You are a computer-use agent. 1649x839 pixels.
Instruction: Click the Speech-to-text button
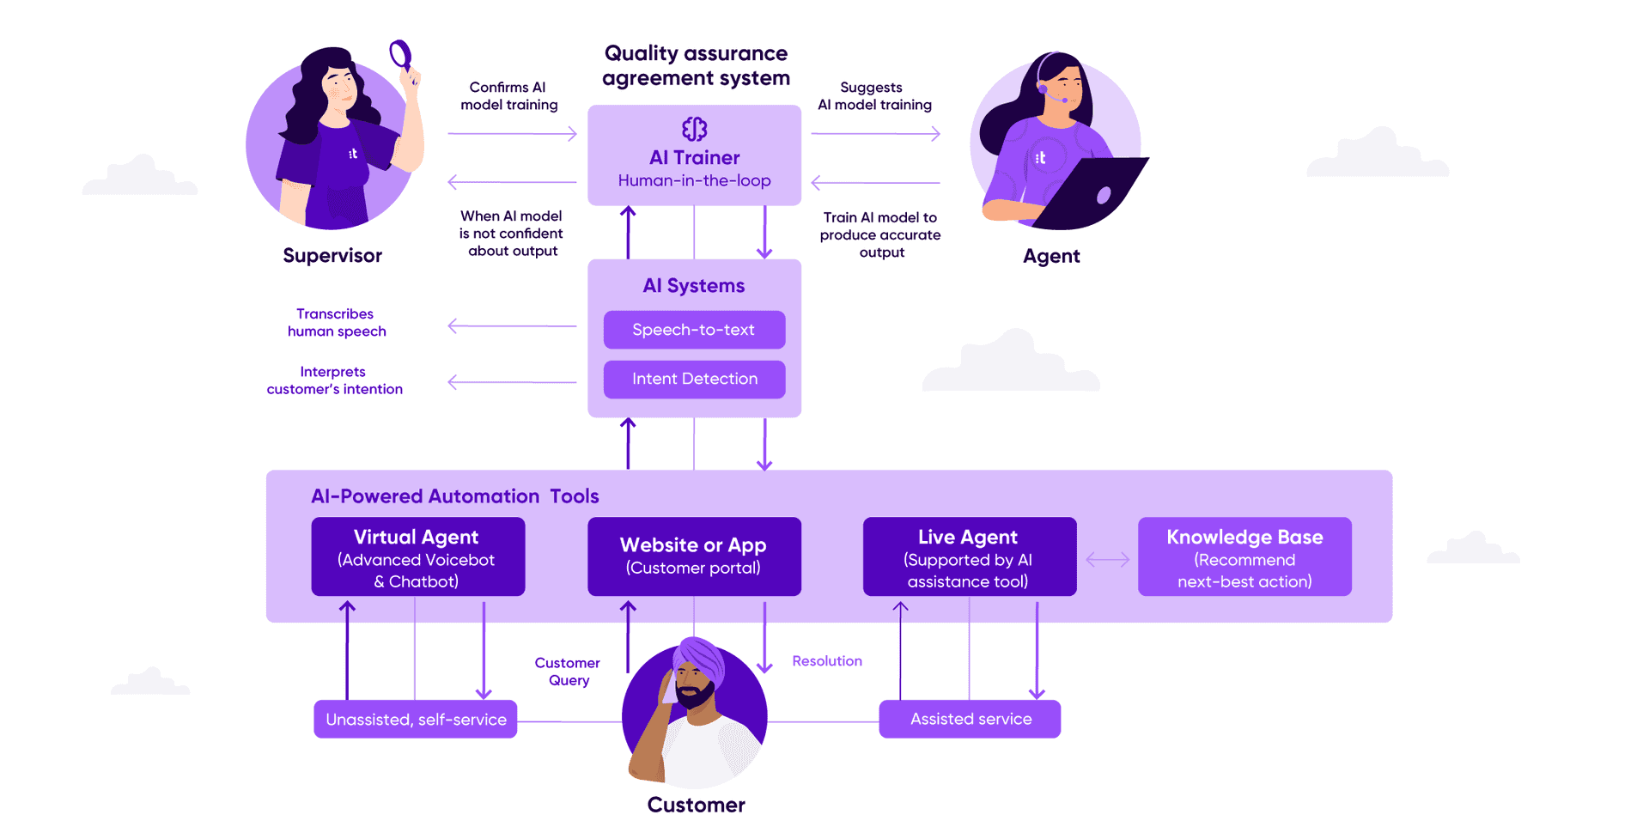click(x=694, y=330)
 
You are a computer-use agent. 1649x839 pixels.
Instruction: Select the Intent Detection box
click(x=694, y=379)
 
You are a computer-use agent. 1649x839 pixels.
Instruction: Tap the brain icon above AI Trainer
click(x=694, y=129)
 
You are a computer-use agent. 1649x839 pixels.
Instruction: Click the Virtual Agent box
click(x=417, y=556)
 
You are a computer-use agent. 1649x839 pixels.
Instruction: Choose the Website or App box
click(x=694, y=556)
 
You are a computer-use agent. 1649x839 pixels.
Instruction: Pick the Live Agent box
click(x=969, y=556)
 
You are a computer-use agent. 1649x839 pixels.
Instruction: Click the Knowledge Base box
click(x=1244, y=556)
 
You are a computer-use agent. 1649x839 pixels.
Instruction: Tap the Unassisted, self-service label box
click(x=416, y=720)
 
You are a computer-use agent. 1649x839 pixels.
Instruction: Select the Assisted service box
click(x=970, y=720)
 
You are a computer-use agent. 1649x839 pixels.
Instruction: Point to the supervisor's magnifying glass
click(x=399, y=55)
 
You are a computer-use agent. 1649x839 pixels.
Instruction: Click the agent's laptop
click(x=1095, y=193)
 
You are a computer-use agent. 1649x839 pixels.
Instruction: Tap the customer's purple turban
click(x=700, y=659)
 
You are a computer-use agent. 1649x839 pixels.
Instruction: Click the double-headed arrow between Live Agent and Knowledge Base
click(x=1107, y=560)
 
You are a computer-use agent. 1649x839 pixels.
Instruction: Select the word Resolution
click(x=826, y=661)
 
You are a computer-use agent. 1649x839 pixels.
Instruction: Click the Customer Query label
click(x=568, y=672)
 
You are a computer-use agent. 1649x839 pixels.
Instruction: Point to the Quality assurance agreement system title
click(x=696, y=65)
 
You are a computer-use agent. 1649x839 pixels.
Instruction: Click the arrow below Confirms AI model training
click(x=512, y=134)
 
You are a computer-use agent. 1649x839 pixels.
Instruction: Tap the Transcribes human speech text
click(x=336, y=323)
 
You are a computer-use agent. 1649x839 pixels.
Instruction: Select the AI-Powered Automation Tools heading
click(x=454, y=496)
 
